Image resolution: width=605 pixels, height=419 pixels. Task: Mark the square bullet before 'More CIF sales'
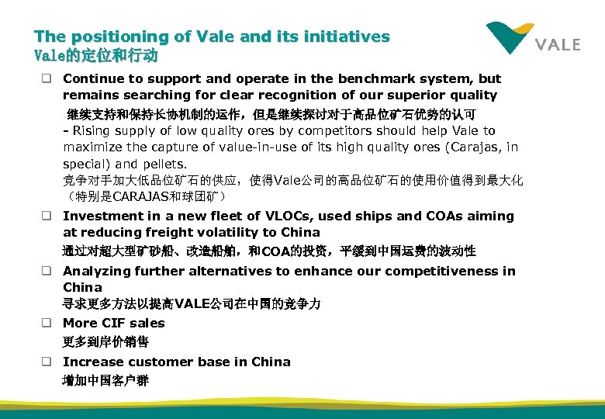click(x=47, y=323)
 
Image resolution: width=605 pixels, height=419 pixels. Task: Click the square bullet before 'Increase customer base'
click(x=47, y=362)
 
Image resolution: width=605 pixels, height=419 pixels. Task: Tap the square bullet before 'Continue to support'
click(x=47, y=78)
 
